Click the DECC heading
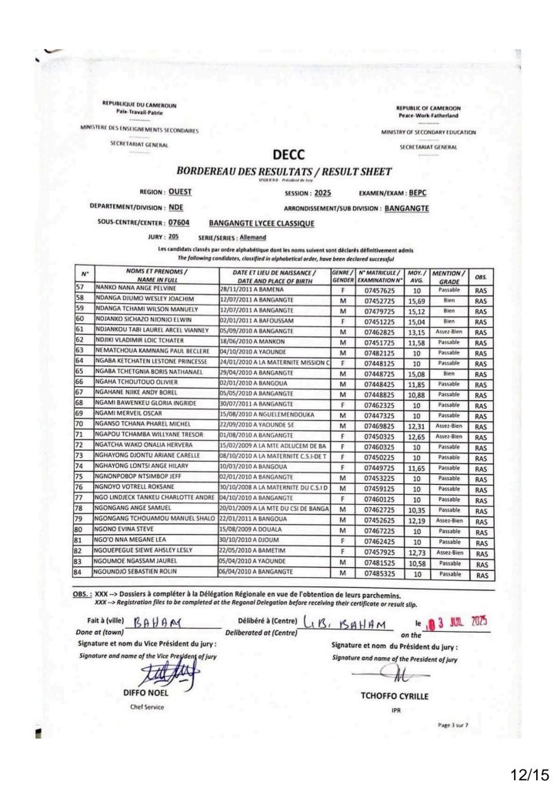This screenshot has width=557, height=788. pyautogui.click(x=289, y=156)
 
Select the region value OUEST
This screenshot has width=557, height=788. pyautogui.click(x=180, y=192)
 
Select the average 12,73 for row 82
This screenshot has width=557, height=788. pyautogui.click(x=416, y=552)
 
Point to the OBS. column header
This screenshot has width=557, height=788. pyautogui.click(x=481, y=276)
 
